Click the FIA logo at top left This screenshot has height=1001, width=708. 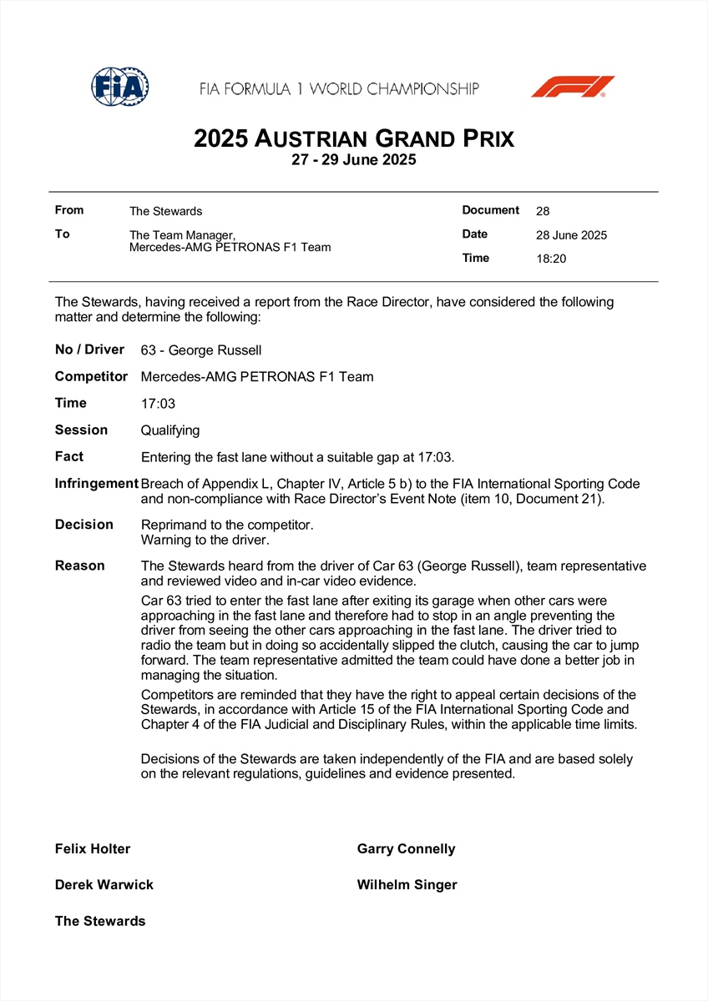(120, 86)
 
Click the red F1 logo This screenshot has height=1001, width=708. (573, 86)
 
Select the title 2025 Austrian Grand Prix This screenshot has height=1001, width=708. (354, 138)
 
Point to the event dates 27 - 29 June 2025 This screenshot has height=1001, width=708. (354, 160)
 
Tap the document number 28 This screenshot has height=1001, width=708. (543, 211)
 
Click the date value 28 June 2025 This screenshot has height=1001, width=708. (571, 235)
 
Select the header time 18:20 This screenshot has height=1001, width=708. (551, 259)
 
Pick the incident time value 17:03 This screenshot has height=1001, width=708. (158, 404)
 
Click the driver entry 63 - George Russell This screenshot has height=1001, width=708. (201, 350)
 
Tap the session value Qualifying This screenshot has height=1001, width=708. (170, 430)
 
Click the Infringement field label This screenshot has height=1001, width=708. (96, 484)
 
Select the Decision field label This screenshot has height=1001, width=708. (84, 525)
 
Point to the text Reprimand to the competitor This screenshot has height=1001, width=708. (227, 526)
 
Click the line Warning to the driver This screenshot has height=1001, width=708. (205, 540)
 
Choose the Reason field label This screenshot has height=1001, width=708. (80, 566)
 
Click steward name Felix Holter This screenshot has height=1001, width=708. (93, 849)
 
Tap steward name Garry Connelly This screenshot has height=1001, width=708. (406, 849)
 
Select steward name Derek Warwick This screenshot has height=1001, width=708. (104, 885)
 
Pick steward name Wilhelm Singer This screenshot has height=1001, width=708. (407, 885)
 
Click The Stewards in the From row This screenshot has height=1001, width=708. (165, 211)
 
